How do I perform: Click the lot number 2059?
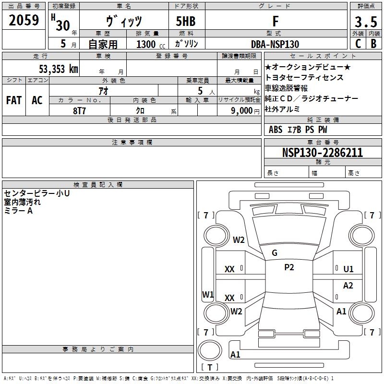[24, 21]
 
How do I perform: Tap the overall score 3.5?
[365, 22]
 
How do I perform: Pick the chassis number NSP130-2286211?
[323, 153]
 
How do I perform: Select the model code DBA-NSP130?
[275, 44]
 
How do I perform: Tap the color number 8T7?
[80, 110]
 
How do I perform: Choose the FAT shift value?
[14, 100]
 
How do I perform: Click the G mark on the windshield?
[275, 253]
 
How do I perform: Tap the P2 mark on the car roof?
[289, 267]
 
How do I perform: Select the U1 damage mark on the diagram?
[348, 269]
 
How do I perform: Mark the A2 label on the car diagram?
[348, 286]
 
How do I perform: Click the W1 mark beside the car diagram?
[207, 294]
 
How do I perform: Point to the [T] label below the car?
[210, 368]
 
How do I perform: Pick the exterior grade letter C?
[358, 44]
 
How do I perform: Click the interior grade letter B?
[374, 44]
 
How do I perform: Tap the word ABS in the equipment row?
[276, 130]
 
